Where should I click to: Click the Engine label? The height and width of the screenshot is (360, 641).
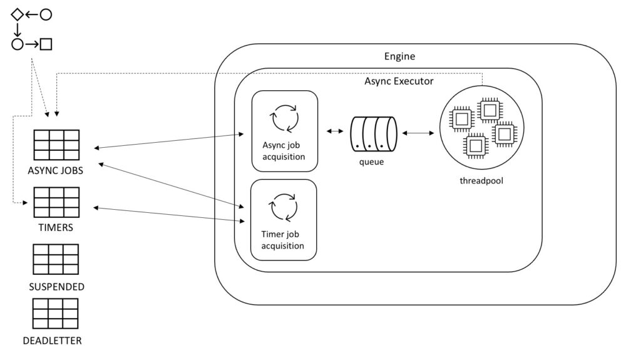(x=399, y=57)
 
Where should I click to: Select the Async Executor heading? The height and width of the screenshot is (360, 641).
(x=399, y=81)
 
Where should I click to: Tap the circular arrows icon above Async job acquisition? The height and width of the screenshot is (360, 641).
(x=284, y=118)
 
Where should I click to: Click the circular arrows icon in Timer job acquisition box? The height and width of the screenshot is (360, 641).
(x=283, y=208)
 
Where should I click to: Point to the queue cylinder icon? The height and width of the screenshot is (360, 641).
(x=374, y=133)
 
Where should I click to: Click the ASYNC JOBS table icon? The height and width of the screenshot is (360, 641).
(x=56, y=145)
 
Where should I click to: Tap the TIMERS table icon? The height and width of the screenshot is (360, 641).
(x=56, y=202)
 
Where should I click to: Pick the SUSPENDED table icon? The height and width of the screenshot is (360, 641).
(x=56, y=259)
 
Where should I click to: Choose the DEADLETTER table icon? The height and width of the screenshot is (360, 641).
(x=55, y=314)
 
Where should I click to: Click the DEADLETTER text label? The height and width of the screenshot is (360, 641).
(x=52, y=341)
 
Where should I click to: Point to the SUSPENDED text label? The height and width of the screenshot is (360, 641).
(x=56, y=287)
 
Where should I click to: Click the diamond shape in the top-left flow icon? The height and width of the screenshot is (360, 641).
(x=17, y=14)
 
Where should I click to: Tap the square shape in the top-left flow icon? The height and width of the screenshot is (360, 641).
(x=46, y=44)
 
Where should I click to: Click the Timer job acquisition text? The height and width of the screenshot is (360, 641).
(x=283, y=240)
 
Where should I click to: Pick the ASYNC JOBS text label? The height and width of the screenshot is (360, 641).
(x=56, y=170)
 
